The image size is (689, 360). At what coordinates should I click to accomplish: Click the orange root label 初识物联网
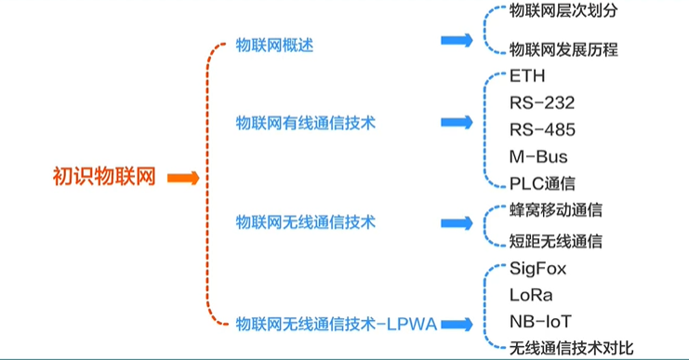[103, 177]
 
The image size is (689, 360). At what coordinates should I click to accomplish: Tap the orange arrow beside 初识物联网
[183, 178]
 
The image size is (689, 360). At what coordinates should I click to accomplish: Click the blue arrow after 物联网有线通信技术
[457, 123]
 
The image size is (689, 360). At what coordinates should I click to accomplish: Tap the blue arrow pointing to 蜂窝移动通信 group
[457, 224]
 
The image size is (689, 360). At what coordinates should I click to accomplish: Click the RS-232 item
[542, 102]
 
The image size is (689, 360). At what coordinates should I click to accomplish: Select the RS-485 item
[542, 129]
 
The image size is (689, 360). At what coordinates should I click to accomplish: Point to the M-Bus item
[538, 155]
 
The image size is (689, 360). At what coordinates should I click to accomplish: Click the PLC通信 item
[542, 182]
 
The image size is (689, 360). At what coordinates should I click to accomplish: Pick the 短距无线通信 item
[556, 241]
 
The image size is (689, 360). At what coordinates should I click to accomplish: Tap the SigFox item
[537, 268]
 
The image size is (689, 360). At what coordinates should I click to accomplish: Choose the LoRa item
[531, 295]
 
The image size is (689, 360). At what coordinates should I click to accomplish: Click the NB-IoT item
[540, 321]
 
